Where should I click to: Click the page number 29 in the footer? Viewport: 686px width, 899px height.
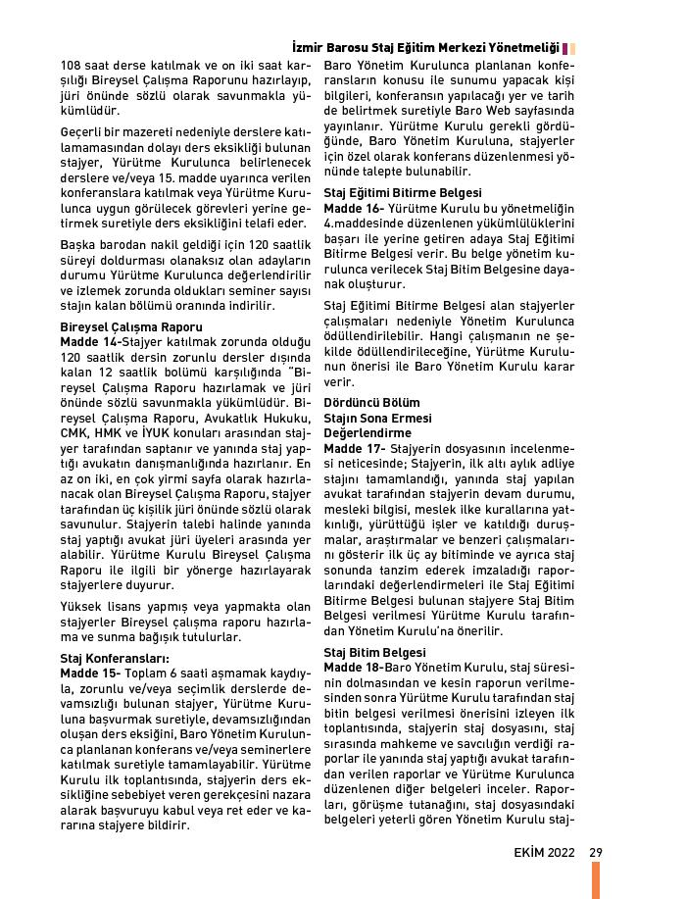(x=596, y=851)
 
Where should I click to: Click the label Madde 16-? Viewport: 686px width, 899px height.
(x=354, y=209)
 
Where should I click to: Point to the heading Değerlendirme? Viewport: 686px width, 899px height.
(x=363, y=432)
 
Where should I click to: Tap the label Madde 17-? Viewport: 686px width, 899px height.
(x=354, y=447)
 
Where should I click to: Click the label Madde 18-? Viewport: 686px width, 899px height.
(x=354, y=667)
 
